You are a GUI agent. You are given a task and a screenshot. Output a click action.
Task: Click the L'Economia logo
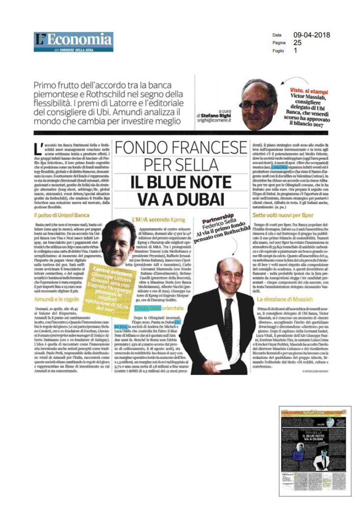click(74, 41)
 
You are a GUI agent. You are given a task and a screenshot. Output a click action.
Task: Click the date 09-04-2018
click(311, 35)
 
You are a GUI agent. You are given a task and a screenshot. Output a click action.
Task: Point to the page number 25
click(298, 43)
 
